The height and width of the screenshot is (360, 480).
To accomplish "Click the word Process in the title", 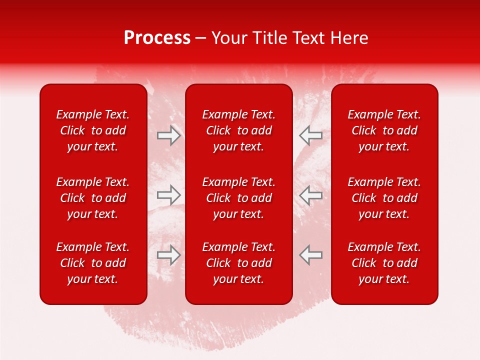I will point(157,38).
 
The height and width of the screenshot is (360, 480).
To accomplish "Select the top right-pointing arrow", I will point(168,135).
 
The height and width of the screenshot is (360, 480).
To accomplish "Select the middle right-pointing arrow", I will point(168,195).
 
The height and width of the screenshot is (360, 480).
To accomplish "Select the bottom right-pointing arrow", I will point(168,254).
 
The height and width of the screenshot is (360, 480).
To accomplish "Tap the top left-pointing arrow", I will point(310,135).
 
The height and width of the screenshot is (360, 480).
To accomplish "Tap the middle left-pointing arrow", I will point(310,195).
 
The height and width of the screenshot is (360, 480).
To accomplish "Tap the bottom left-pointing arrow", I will point(310,254).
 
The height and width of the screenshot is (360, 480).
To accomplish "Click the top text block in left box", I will point(93,130).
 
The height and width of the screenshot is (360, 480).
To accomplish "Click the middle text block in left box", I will point(93,198).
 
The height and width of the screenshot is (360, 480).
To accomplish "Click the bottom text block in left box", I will point(93,263).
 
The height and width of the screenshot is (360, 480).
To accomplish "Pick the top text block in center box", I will point(238,130).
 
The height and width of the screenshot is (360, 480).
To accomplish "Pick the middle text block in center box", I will point(238,198).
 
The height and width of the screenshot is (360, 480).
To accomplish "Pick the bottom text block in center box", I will point(238,263).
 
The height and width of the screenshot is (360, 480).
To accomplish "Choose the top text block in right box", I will point(384,130).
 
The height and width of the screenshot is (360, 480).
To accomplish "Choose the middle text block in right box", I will point(384,198).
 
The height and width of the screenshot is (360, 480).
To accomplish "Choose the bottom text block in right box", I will point(384,263).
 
